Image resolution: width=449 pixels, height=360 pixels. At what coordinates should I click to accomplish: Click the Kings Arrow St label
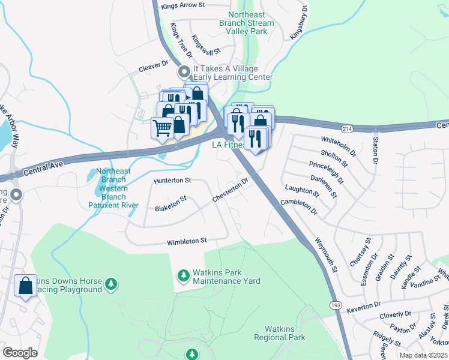[183, 5]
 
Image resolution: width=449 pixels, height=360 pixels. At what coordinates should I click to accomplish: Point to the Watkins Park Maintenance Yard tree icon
[184, 275]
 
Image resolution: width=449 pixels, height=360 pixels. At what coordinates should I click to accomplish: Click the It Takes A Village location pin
[184, 72]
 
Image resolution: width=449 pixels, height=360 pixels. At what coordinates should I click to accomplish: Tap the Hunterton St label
[172, 180]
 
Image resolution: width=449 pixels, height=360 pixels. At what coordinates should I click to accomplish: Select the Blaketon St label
[171, 203]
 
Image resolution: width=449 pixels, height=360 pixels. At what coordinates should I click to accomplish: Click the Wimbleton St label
[187, 241]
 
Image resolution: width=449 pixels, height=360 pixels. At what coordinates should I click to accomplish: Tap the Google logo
[20, 352]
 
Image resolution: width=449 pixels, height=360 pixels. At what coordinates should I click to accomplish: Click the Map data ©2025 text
[423, 355]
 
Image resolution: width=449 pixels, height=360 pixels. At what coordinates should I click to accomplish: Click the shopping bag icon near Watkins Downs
[26, 286]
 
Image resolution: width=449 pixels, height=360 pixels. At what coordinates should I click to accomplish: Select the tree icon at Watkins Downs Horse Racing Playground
[110, 283]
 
